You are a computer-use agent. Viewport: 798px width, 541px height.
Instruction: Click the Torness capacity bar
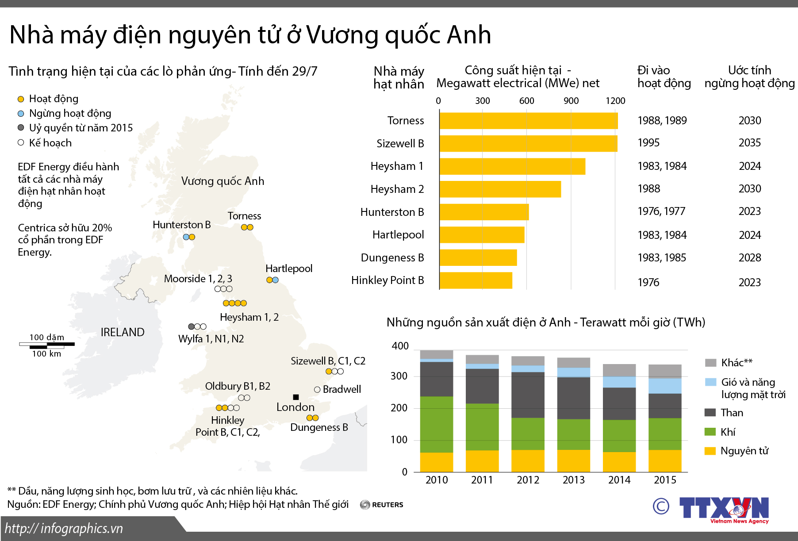pos(528,121)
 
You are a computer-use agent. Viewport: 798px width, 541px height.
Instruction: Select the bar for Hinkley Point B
pos(476,280)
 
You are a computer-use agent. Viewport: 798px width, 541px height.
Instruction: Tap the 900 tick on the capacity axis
pos(571,101)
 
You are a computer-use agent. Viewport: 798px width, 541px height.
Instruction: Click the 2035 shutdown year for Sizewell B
pos(750,143)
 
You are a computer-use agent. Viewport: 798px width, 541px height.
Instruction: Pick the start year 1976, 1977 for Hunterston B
pos(661,211)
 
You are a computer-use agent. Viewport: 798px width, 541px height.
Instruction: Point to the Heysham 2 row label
pos(397,189)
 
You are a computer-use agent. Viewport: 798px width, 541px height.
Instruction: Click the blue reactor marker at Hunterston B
pos(186,237)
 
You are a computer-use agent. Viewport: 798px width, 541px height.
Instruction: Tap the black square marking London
pos(296,397)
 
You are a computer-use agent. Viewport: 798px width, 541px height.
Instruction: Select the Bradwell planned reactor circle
pos(317,390)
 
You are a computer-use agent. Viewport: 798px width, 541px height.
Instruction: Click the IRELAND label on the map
pos(123,332)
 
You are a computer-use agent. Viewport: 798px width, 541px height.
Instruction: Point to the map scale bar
pos(47,344)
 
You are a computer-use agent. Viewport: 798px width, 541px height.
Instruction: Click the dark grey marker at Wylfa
pos(192,326)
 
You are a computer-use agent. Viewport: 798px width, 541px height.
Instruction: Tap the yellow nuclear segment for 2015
pos(665,460)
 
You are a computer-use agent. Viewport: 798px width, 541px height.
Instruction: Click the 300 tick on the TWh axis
pos(399,376)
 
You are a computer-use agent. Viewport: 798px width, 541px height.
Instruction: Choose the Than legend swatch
pos(710,412)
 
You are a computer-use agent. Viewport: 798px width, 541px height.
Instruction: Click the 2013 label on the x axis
pos(574,480)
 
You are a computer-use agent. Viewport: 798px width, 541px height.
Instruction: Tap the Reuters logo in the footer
pos(382,505)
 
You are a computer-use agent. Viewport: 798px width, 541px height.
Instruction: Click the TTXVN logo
pos(724,508)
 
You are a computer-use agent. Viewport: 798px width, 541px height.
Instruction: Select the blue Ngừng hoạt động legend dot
pos(21,114)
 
